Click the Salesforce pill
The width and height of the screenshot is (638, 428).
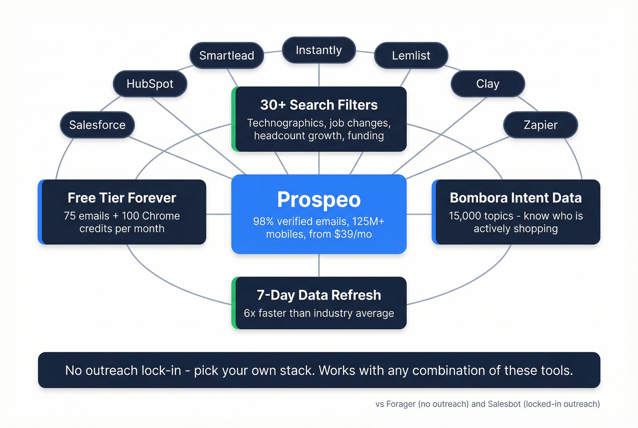(x=97, y=125)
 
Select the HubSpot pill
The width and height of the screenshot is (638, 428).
(x=150, y=84)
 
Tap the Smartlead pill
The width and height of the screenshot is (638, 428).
(x=226, y=56)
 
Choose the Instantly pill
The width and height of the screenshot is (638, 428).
(x=319, y=50)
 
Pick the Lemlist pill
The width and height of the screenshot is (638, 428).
(x=411, y=56)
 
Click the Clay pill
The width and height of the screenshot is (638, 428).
(x=488, y=84)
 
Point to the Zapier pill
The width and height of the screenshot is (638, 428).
(x=540, y=125)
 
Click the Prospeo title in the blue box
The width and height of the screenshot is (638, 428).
(x=319, y=200)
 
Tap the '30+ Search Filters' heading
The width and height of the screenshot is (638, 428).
(x=319, y=105)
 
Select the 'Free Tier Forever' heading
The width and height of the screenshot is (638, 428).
(x=122, y=198)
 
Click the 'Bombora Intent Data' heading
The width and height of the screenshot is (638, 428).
(x=515, y=198)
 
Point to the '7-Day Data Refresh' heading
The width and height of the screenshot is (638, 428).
(x=319, y=295)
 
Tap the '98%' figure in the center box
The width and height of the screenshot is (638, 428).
(x=263, y=222)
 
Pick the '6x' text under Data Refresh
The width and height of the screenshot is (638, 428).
(x=250, y=314)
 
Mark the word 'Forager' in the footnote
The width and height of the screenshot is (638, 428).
(x=401, y=404)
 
